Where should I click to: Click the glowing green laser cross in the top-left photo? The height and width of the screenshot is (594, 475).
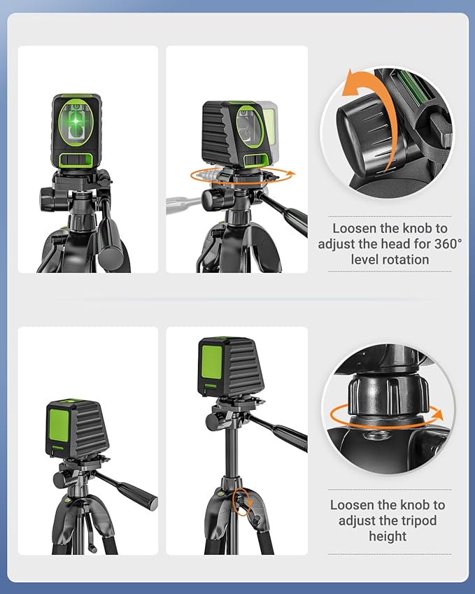tap(78, 122)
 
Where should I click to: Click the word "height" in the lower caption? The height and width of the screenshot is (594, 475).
tap(387, 536)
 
